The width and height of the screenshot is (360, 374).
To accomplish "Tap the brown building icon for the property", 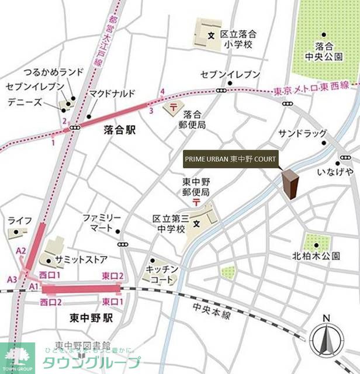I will pos(290,183).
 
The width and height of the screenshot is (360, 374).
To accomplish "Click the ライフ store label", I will pos(19,220).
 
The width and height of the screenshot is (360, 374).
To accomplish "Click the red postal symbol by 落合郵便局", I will pos(173,107).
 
